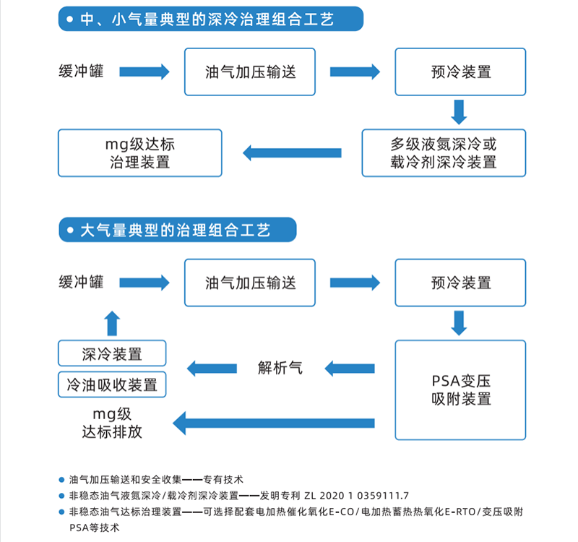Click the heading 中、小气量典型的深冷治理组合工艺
[x=207, y=20]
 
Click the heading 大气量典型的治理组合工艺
[x=176, y=230]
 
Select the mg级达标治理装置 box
[x=140, y=153]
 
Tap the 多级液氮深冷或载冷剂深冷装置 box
[x=444, y=153]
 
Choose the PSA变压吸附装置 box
[x=460, y=390]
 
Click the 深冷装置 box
[x=112, y=353]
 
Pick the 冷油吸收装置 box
[x=112, y=384]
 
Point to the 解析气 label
[x=280, y=368]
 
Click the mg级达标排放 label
[x=112, y=423]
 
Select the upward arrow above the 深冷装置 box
[x=112, y=323]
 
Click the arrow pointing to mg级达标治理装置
[x=292, y=153]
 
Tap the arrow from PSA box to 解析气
[x=350, y=369]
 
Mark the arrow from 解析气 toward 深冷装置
[x=212, y=369]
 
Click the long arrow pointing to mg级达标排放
[x=274, y=423]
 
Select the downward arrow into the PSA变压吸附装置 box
[x=459, y=323]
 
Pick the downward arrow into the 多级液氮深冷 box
[x=459, y=112]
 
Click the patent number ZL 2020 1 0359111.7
[x=356, y=496]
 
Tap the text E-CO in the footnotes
[x=341, y=512]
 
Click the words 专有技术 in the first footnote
[x=223, y=480]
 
